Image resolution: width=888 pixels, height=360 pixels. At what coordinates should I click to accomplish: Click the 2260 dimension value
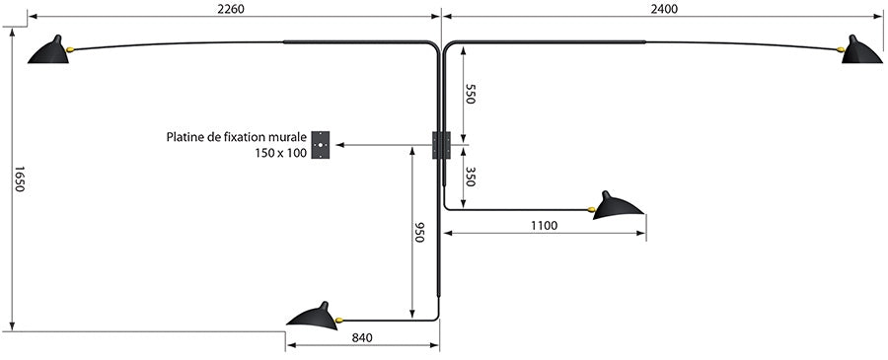point(229,9)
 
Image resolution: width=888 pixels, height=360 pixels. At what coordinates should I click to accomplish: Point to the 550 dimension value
point(471,95)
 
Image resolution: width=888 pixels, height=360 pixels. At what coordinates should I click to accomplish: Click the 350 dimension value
point(471,178)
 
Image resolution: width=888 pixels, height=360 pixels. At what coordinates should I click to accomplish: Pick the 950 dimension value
point(418,232)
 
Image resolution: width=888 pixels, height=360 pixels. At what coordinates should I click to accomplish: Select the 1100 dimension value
point(543,226)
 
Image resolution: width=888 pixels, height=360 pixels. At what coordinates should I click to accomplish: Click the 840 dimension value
point(362,337)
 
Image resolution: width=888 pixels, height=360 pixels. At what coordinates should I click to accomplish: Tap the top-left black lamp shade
point(47,51)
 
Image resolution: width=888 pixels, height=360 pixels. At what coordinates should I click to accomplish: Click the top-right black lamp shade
point(861,51)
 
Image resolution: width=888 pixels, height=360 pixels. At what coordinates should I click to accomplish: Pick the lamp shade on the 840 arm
point(311,315)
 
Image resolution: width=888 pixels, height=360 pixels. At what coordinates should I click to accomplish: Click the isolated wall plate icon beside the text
point(321,145)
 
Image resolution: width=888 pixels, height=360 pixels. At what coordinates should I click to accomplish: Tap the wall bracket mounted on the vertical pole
point(441,145)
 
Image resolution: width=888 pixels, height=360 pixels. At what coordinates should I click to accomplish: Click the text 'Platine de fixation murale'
point(237,138)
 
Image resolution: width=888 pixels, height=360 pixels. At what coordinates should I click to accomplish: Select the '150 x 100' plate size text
point(280,154)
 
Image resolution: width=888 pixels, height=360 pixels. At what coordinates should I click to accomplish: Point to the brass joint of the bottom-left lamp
point(338,320)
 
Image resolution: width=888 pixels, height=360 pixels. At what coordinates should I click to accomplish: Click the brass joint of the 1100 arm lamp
point(591,209)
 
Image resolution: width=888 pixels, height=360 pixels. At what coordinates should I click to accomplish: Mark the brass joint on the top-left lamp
point(71,48)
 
